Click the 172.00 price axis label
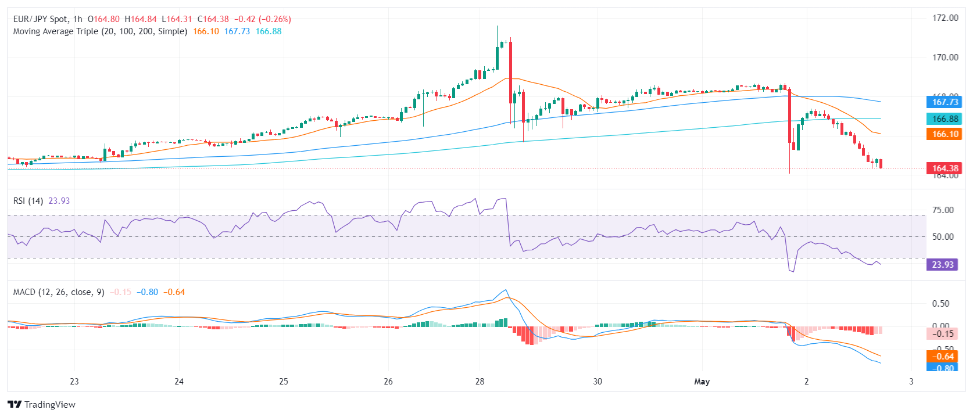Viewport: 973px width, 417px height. pos(945,18)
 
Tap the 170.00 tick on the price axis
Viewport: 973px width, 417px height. pos(945,57)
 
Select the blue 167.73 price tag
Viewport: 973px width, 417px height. pos(945,102)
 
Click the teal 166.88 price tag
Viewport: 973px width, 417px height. pos(945,119)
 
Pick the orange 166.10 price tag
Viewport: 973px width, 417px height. pos(945,134)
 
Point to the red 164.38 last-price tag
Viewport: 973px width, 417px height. pos(945,168)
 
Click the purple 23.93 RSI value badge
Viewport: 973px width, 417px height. pos(942,265)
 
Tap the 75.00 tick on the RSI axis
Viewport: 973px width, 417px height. pos(943,210)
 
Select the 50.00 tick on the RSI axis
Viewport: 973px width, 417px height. pos(943,237)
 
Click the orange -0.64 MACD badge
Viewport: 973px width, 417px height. pos(942,357)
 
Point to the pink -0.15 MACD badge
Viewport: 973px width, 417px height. pos(942,334)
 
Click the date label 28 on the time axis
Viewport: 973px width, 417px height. pos(480,382)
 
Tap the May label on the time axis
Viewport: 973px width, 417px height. pos(702,382)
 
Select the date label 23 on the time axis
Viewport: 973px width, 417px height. pos(74,382)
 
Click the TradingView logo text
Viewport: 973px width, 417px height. pos(49,405)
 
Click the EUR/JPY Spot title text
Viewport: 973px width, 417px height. pos(40,19)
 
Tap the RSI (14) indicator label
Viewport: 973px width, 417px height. pos(28,201)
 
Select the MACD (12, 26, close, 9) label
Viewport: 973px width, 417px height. pos(59,292)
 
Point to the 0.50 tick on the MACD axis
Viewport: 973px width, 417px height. pos(940,304)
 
